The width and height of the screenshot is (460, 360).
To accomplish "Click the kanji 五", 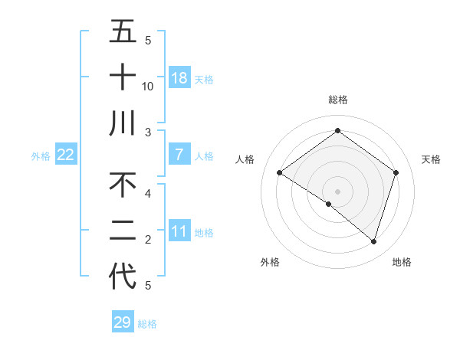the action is point(123,32).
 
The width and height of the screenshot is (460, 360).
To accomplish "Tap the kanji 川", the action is point(123,123).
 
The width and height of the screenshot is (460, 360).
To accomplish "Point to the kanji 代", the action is point(123,277).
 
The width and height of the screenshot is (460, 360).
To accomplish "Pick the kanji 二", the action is point(123,231).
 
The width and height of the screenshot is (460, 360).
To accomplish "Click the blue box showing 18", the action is point(179,78).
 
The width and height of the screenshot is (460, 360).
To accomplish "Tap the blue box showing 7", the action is point(179,155).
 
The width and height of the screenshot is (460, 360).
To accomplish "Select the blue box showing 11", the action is point(179,231).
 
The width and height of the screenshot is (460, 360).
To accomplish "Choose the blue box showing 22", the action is point(66,155).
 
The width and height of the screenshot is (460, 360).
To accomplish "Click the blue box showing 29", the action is point(123,322).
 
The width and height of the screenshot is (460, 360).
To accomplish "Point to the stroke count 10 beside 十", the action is point(148,87).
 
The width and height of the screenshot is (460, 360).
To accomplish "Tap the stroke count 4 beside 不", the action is point(148,194).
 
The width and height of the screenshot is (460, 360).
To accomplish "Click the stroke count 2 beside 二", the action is point(148,240).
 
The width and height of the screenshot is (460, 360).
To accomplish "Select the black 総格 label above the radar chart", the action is point(337,100).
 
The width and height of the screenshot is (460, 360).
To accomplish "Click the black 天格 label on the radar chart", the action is point(432,159).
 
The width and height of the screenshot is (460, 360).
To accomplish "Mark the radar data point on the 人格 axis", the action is point(280,173).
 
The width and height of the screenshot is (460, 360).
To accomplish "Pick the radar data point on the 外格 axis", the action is point(329,204).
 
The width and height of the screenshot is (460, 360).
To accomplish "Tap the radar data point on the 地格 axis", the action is point(373,241).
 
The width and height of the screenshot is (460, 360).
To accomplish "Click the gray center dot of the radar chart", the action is point(337,191).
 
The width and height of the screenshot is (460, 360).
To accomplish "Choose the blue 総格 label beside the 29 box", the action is point(147,324).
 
